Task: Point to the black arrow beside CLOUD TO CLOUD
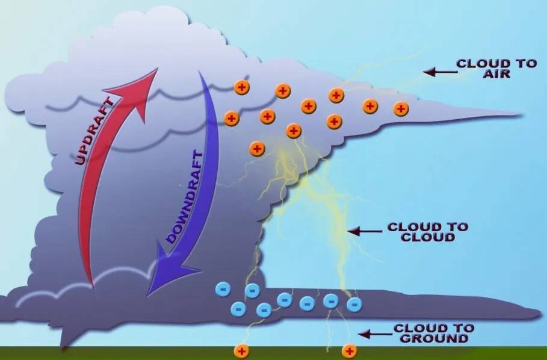(x=364, y=231)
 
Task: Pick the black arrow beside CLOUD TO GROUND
(x=373, y=333)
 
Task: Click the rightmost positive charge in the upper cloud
(x=401, y=109)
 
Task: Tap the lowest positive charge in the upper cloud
(x=257, y=148)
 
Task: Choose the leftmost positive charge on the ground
(x=241, y=350)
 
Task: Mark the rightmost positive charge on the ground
(x=349, y=350)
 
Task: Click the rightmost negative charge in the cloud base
(x=354, y=305)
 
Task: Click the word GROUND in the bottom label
(x=433, y=338)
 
